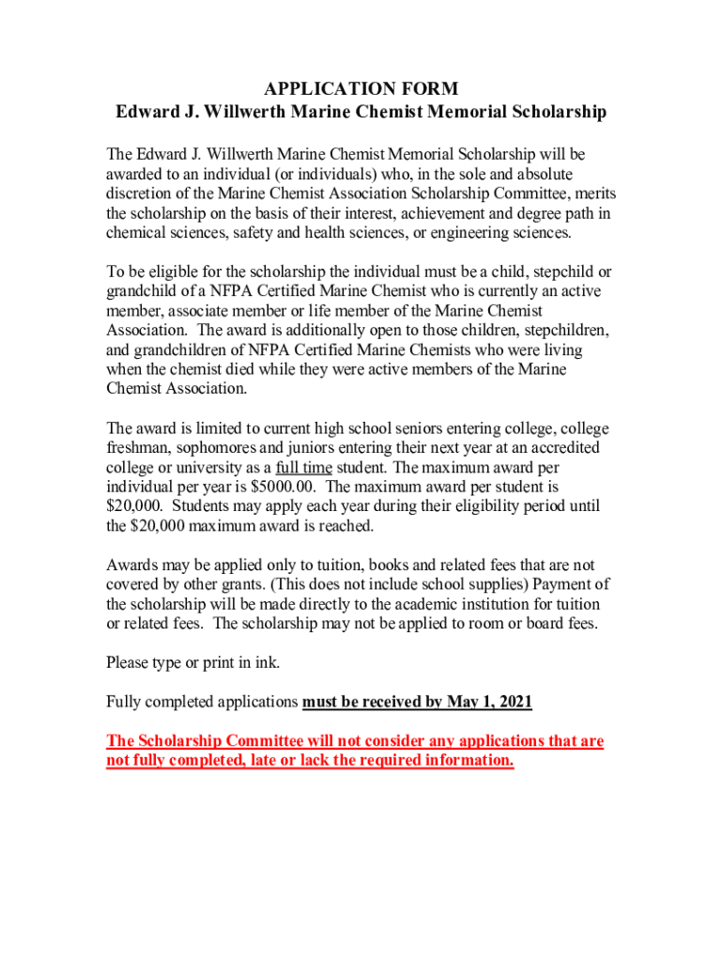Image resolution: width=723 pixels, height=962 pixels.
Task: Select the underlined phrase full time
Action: coord(303,468)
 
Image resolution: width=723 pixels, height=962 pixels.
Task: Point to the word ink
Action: coord(268,663)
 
